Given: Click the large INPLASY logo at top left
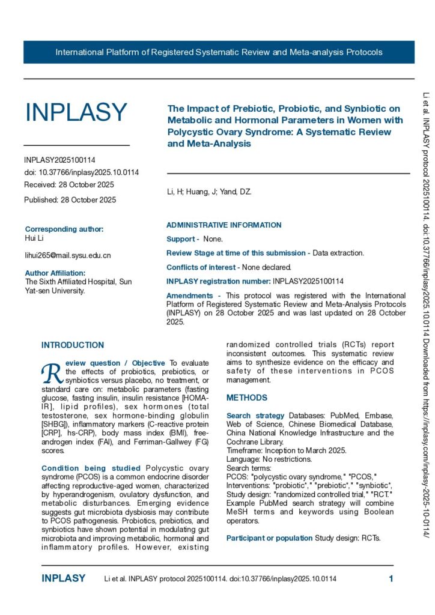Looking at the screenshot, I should point(76,112).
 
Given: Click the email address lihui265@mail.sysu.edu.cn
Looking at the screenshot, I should point(67,256).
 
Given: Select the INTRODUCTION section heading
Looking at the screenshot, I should point(72,345).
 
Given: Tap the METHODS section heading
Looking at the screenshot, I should point(247,398).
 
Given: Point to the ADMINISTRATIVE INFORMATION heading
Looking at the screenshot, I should point(224,225).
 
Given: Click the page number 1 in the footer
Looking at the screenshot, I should point(391,579).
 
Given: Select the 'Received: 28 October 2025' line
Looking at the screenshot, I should point(68,184).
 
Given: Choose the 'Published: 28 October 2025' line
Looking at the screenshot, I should point(70,199).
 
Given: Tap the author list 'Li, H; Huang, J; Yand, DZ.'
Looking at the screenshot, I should point(209,192).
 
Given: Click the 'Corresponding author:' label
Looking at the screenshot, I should point(64,229).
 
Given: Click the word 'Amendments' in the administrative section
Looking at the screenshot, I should point(189,295).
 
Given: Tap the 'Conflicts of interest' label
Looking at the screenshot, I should point(201,267).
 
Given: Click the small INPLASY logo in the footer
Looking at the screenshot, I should point(63,579).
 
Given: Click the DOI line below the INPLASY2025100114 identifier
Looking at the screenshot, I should point(81,172).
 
